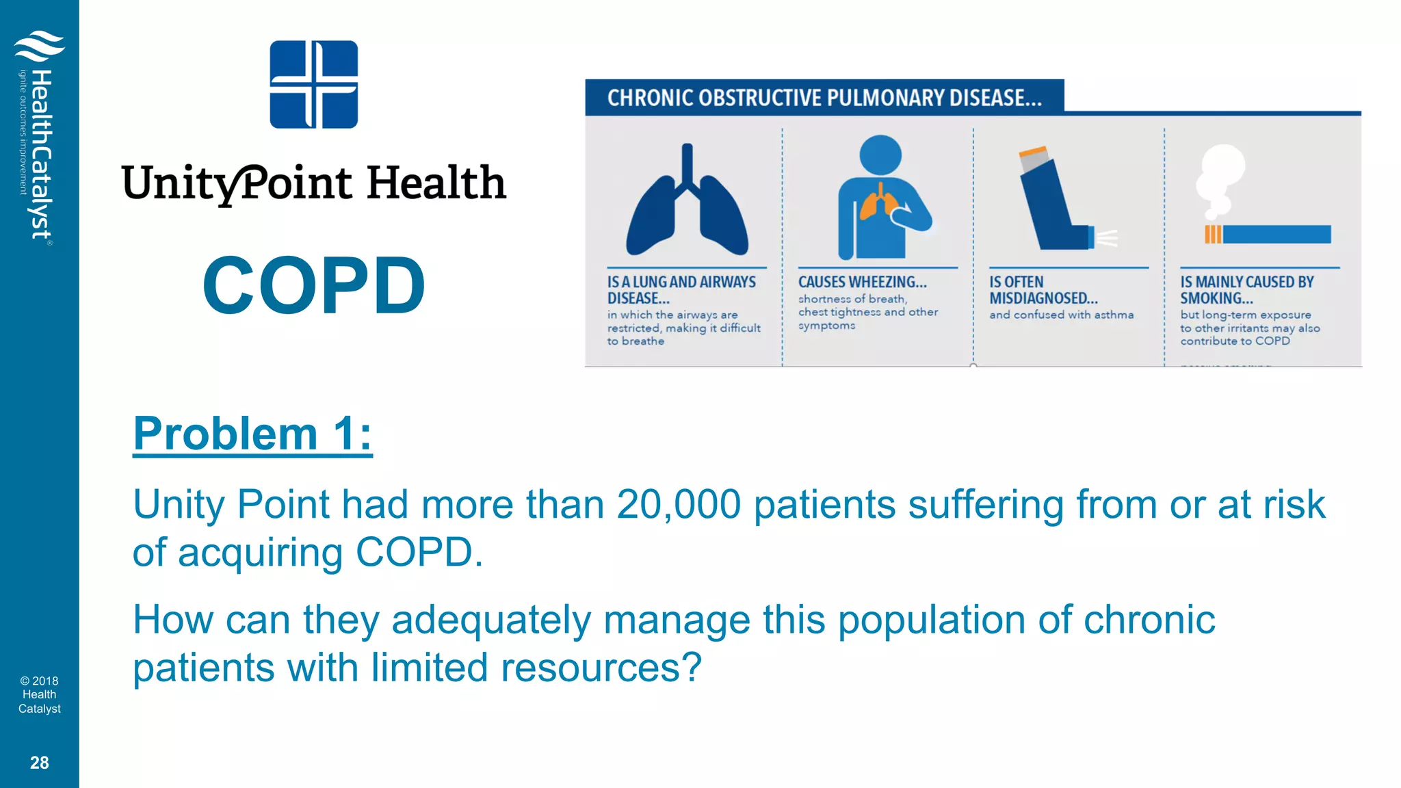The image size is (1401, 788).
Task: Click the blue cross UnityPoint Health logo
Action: pos(313,84)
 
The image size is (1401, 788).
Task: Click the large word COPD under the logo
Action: pos(314,285)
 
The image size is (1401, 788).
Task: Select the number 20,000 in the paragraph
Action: pos(678,505)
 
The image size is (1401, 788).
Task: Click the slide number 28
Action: pos(39,763)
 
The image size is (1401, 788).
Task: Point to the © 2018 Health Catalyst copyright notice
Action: pos(39,694)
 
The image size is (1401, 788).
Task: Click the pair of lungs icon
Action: pos(687,201)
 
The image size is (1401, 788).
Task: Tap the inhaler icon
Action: pos(1057,201)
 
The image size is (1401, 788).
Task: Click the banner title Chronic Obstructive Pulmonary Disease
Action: pos(824,98)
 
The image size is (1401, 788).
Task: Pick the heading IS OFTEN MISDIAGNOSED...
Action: pos(1043,290)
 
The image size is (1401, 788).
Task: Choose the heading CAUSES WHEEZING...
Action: pos(862,282)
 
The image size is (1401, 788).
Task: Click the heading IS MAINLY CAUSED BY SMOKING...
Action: pos(1246,290)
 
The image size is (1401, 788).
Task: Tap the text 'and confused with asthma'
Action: pos(1061,315)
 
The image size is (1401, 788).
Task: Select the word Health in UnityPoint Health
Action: pos(436,183)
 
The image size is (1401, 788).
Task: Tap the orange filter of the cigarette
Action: pos(1212,235)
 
